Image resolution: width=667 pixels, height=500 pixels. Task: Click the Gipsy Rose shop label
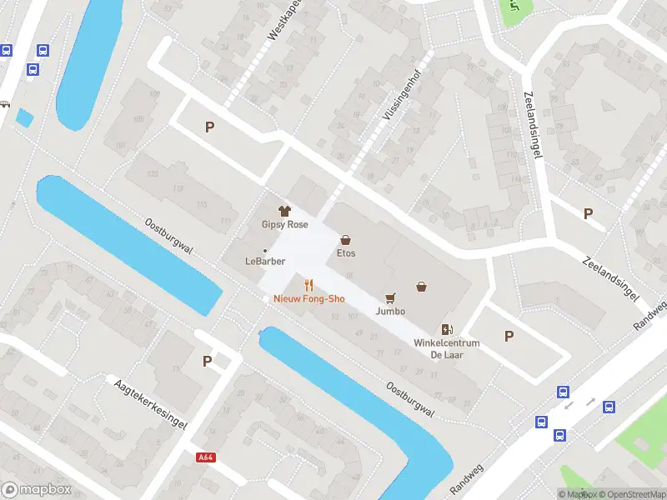284,224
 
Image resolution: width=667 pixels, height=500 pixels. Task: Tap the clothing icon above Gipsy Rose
283,211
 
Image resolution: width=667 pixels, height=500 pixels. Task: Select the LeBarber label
265,261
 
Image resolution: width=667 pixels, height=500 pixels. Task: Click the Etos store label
346,252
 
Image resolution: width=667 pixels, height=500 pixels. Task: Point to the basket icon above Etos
345,239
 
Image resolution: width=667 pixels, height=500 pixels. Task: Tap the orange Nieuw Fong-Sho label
308,298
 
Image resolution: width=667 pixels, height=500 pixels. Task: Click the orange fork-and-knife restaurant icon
308,285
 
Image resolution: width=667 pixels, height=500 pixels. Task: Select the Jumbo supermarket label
389,311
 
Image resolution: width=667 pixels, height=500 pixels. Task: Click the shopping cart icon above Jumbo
389,297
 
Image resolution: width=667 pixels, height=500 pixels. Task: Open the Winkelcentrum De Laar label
447,348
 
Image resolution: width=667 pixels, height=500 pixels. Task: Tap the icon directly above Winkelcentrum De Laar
447,329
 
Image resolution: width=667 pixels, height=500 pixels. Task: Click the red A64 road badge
206,457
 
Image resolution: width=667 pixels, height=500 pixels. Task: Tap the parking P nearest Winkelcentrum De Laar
509,336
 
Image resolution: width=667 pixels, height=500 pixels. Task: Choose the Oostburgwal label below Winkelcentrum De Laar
412,400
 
